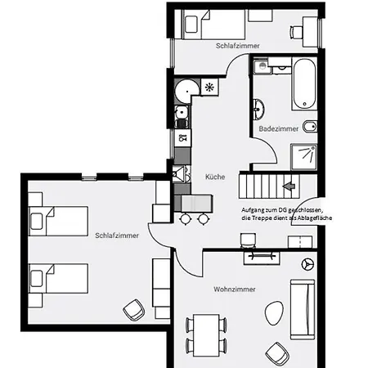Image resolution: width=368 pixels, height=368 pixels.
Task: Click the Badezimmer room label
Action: click(279, 129)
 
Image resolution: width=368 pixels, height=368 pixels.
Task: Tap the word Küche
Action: click(215, 177)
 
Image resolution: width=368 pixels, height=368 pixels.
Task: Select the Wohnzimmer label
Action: click(235, 290)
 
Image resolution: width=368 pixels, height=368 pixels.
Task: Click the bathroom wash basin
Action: click(259, 107)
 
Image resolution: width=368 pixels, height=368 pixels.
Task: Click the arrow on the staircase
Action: click(287, 186)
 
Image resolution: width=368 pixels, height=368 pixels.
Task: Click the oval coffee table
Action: click(273, 312)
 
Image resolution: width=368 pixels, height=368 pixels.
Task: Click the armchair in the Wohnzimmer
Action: click(278, 352)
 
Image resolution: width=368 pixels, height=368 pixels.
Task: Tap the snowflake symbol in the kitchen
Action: click(209, 86)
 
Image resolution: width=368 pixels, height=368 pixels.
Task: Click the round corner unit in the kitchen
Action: click(186, 88)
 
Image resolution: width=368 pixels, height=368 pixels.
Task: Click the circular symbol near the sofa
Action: click(308, 263)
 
